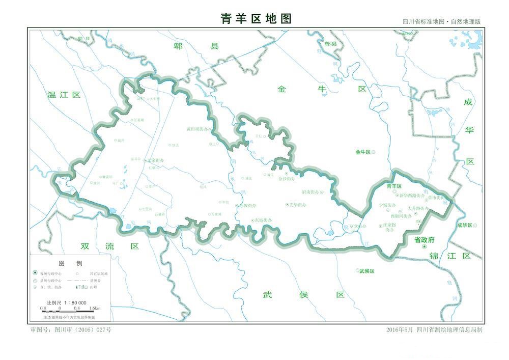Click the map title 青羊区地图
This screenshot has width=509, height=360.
click(x=256, y=19)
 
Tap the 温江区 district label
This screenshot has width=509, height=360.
click(x=64, y=95)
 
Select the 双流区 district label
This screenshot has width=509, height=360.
click(x=110, y=246)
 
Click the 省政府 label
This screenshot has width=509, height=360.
click(x=424, y=239)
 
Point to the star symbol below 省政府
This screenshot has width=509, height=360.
click(x=424, y=247)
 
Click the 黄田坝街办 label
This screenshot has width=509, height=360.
click(x=196, y=129)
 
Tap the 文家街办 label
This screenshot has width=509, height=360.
click(x=156, y=160)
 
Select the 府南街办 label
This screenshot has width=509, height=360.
click(x=311, y=192)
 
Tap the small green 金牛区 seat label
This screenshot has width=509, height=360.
click(x=364, y=152)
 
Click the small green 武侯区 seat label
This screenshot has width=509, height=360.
click(x=366, y=271)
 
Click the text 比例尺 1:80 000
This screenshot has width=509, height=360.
click(x=66, y=302)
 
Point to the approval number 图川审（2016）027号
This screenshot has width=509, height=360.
click(x=71, y=329)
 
